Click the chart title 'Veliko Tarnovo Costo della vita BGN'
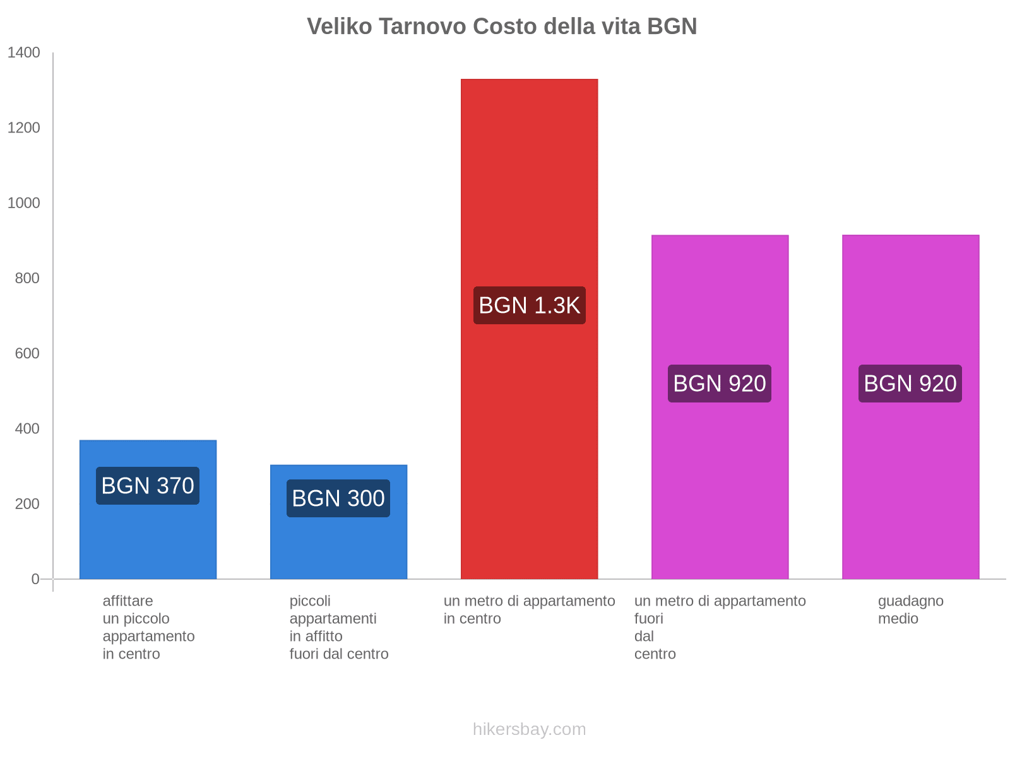[x=502, y=26]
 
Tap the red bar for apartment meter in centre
[x=529, y=189]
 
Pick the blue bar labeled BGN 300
[x=338, y=549]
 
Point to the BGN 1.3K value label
[x=529, y=305]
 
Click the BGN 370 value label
[x=148, y=486]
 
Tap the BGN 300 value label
[x=338, y=498]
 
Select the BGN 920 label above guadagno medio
[x=910, y=384]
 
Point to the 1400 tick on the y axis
[x=24, y=53]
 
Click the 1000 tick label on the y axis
[x=24, y=203]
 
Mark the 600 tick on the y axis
[x=28, y=353]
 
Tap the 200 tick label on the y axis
[x=28, y=504]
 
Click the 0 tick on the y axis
[x=35, y=579]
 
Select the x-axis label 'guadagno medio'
[x=910, y=609]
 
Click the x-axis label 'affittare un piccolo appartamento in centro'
[x=148, y=627]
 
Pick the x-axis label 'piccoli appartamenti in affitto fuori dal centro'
[x=338, y=627]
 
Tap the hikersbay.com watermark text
[x=529, y=729]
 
